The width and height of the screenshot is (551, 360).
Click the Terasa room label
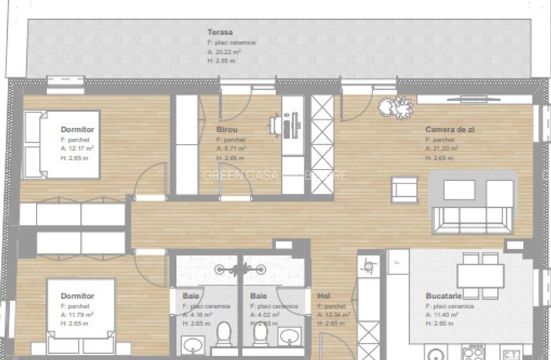[220, 32]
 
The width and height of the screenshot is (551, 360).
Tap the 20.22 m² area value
[225, 52]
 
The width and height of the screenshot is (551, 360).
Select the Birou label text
[227, 129]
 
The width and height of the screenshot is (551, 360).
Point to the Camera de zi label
[450, 129]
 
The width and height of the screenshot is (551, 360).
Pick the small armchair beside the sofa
[404, 190]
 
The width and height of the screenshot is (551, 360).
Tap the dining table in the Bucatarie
[480, 276]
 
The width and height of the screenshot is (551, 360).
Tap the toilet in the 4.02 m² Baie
[261, 333]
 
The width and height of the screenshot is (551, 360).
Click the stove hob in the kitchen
[473, 352]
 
